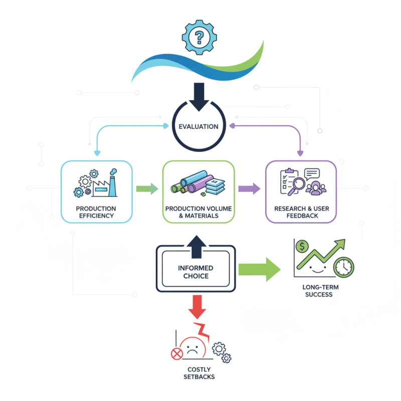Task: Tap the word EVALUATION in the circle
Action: coord(198,126)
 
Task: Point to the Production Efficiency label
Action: coord(96,212)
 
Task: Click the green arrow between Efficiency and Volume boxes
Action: coord(146,189)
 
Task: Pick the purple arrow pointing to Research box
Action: coord(249,189)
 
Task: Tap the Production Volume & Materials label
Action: coord(198,212)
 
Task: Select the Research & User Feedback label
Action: coord(300,212)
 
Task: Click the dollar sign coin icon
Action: coord(302,246)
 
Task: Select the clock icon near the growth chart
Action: coord(344,266)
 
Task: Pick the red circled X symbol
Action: coord(176,354)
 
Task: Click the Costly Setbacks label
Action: coord(198,373)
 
